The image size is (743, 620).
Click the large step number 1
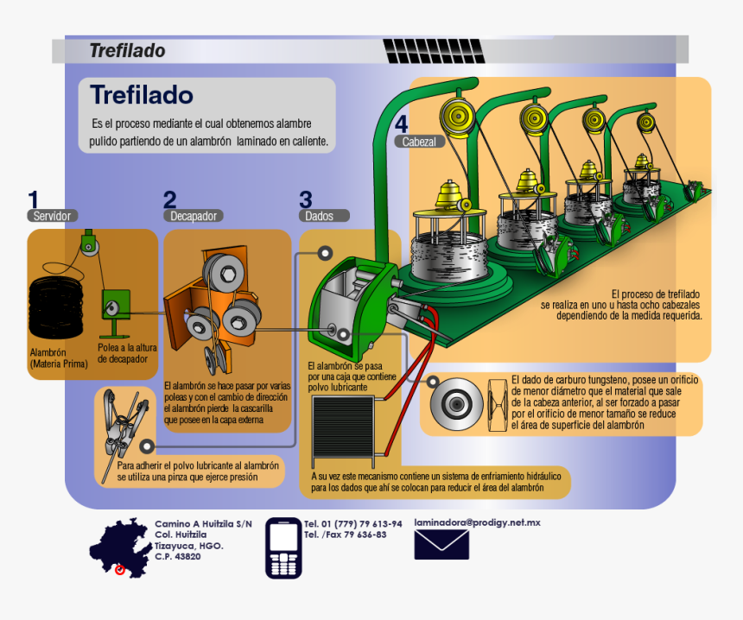coord(34,199)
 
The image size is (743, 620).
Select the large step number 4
coord(402,124)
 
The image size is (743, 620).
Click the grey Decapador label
coord(194,216)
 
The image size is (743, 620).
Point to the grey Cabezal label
coord(419,141)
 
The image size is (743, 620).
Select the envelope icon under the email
coord(441,545)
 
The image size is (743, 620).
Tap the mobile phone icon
coord(283,548)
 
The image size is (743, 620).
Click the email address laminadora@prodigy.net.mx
coord(477,522)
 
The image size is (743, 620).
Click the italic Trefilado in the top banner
coord(127,51)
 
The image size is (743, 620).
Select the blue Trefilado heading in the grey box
coord(142,94)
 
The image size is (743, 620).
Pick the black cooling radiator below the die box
coord(344,430)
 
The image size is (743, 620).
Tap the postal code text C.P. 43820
coord(178,557)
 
